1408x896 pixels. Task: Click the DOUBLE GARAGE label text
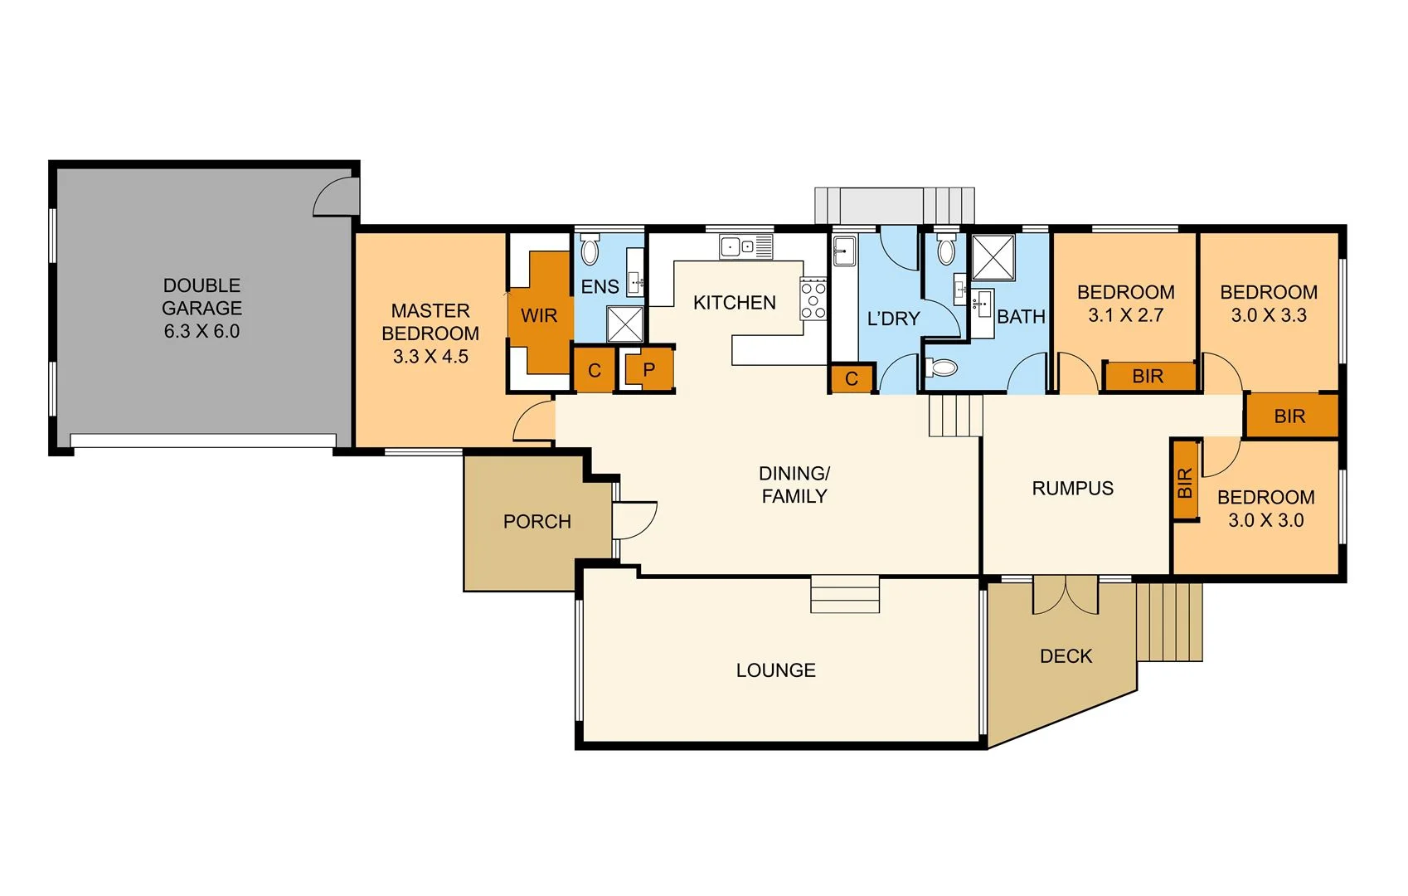[201, 308]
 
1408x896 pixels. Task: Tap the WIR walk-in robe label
[539, 316]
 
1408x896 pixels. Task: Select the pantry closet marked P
[648, 369]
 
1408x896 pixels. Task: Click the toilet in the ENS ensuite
[590, 250]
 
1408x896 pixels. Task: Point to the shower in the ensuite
[624, 324]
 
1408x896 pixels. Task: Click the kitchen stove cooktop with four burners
[813, 298]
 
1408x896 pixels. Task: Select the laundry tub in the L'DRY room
[844, 251]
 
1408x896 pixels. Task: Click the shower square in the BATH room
[993, 257]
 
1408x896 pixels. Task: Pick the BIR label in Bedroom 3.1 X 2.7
[1148, 377]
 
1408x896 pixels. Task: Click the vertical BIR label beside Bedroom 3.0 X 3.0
[1185, 482]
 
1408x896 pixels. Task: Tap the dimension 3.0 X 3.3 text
[1269, 315]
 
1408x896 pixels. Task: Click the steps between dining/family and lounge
[844, 594]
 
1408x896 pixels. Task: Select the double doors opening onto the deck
[1066, 595]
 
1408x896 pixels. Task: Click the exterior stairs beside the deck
[1169, 621]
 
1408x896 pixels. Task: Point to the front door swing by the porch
[634, 520]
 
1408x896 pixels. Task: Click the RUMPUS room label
[1072, 489]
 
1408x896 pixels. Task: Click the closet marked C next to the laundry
[852, 379]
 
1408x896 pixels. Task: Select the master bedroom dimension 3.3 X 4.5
[430, 357]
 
